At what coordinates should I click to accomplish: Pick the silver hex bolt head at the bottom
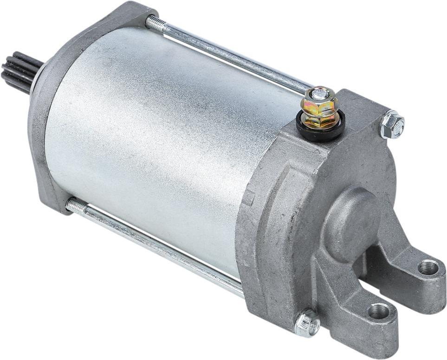(x=307, y=322)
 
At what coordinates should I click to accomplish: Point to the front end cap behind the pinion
(x=46, y=116)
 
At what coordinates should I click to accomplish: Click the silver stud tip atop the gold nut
(x=317, y=93)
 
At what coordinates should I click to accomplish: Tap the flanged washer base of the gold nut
(x=320, y=119)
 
